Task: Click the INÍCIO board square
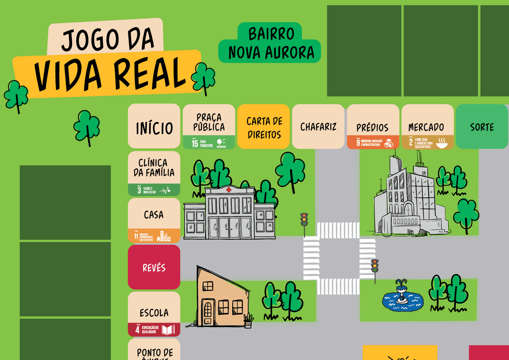pos(154,126)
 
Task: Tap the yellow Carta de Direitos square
pos(264,126)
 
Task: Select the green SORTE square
pos(482,126)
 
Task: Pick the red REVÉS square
pos(154,267)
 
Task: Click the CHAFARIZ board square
pos(318,126)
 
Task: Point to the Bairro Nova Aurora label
pos(270,43)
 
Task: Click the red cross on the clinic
pos(229,190)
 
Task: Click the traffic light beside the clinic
pos(304,220)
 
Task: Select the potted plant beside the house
pos(248,321)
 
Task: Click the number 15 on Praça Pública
pos(195,143)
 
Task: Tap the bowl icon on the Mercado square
pos(441,143)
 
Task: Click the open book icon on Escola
pos(168,329)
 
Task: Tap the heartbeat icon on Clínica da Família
pos(165,190)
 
